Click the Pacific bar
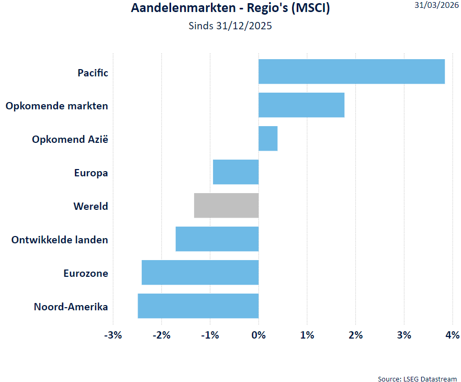pos(351,72)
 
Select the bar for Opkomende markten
pos(301,105)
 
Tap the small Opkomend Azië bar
pos(268,139)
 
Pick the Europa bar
pos(236,172)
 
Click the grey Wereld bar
pos(227,206)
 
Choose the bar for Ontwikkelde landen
pos(217,239)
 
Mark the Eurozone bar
pos(200,273)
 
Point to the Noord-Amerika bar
pos(198,306)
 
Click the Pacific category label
pos(93,73)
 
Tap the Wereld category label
pos(91,206)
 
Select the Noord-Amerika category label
pos(71,307)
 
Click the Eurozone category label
pos(86,273)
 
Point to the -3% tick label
pos(113,335)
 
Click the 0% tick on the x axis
pos(258,335)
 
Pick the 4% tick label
pos(452,335)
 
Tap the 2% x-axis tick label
pos(355,335)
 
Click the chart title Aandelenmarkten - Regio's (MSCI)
pos(230,8)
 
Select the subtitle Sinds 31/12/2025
pos(230,26)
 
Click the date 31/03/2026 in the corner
pos(436,5)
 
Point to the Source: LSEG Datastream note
pos(417,378)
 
